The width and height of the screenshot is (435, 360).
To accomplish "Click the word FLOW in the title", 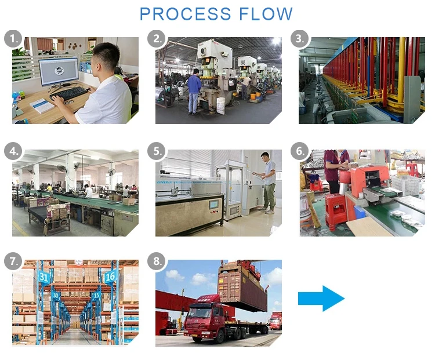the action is pyautogui.click(x=264, y=14).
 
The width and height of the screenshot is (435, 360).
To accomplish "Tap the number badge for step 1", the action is pyautogui.click(x=13, y=39).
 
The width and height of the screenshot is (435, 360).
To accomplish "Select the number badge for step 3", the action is pyautogui.click(x=299, y=39).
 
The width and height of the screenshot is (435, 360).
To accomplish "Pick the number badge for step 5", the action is pyautogui.click(x=156, y=152).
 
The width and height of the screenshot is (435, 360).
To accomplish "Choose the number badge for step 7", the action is pyautogui.click(x=13, y=261).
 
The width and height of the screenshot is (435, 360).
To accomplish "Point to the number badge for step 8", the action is pyautogui.click(x=156, y=261).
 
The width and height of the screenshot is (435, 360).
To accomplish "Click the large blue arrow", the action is pyautogui.click(x=321, y=298).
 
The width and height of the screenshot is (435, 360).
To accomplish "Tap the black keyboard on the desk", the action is pyautogui.click(x=69, y=93).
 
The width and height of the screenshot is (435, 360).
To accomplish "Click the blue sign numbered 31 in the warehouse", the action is pyautogui.click(x=44, y=277).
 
